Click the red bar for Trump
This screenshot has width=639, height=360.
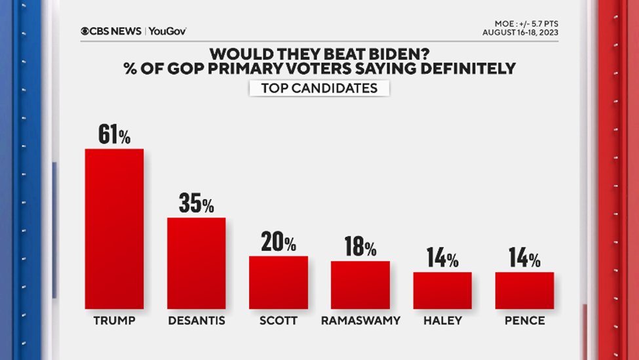click(114, 228)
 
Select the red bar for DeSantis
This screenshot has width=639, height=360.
click(196, 263)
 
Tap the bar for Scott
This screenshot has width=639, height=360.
click(278, 282)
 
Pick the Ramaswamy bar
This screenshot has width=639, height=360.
click(360, 285)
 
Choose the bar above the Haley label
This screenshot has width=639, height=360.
click(442, 290)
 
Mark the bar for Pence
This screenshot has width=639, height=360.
click(524, 290)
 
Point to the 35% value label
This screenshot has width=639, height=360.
click(196, 204)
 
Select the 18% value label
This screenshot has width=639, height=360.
click(360, 247)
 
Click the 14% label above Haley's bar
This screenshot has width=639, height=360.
click(442, 258)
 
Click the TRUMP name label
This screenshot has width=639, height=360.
click(114, 321)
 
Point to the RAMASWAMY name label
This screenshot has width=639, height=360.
click(360, 321)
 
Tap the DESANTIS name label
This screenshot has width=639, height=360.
click(196, 321)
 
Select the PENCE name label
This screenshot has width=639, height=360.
click(524, 321)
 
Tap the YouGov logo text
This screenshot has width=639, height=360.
click(167, 31)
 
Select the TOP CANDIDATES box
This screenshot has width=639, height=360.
click(319, 88)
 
